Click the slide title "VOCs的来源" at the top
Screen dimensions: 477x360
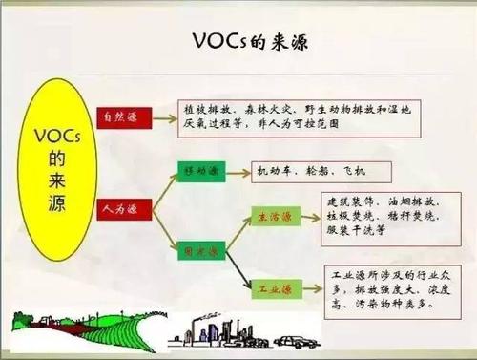(238, 43)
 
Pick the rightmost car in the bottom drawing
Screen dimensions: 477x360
(298, 337)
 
